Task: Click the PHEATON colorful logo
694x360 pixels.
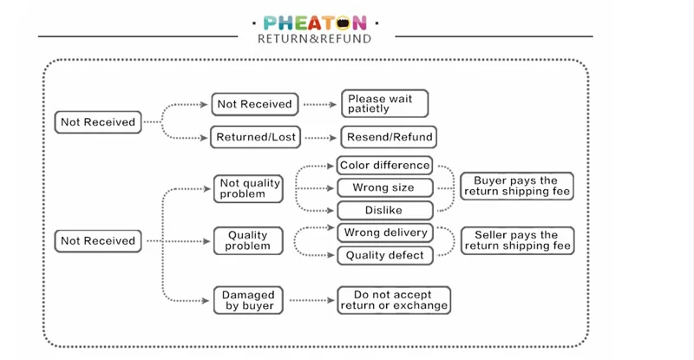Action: pyautogui.click(x=315, y=23)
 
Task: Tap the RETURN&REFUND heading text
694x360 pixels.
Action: pyautogui.click(x=314, y=39)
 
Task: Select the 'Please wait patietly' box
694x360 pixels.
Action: pyautogui.click(x=384, y=103)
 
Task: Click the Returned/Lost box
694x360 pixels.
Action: pyautogui.click(x=255, y=137)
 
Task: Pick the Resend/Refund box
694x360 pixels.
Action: pyautogui.click(x=389, y=137)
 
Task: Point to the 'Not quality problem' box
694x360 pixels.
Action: pyautogui.click(x=248, y=188)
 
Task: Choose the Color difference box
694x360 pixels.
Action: pyautogui.click(x=384, y=166)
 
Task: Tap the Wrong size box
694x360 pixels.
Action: pyautogui.click(x=384, y=187)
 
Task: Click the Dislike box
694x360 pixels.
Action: pyautogui.click(x=384, y=210)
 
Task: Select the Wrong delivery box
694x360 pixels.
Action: pyautogui.click(x=384, y=232)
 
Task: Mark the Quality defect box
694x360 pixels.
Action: pyautogui.click(x=384, y=256)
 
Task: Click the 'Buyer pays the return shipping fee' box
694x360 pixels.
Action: pyautogui.click(x=517, y=186)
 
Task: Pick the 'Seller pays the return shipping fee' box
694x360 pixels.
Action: pyautogui.click(x=517, y=241)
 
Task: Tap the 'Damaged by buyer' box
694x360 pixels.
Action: pyautogui.click(x=248, y=300)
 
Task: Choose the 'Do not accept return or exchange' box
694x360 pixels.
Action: pyautogui.click(x=394, y=300)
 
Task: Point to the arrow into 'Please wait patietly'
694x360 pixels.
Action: pyautogui.click(x=320, y=105)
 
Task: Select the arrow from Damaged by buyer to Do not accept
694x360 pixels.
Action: pyautogui.click(x=312, y=301)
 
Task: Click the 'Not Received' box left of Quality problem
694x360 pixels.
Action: pyautogui.click(x=98, y=241)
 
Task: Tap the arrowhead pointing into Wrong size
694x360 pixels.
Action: pyautogui.click(x=331, y=188)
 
